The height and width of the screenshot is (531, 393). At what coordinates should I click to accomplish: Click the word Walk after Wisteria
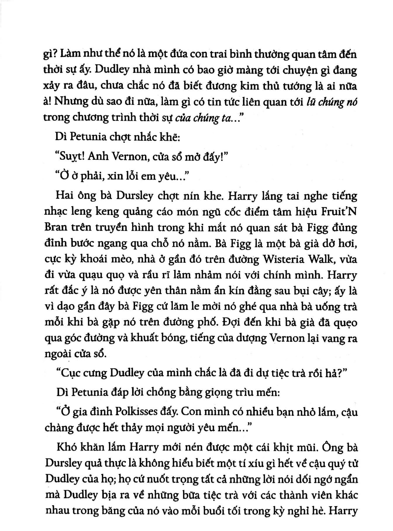(316, 260)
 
